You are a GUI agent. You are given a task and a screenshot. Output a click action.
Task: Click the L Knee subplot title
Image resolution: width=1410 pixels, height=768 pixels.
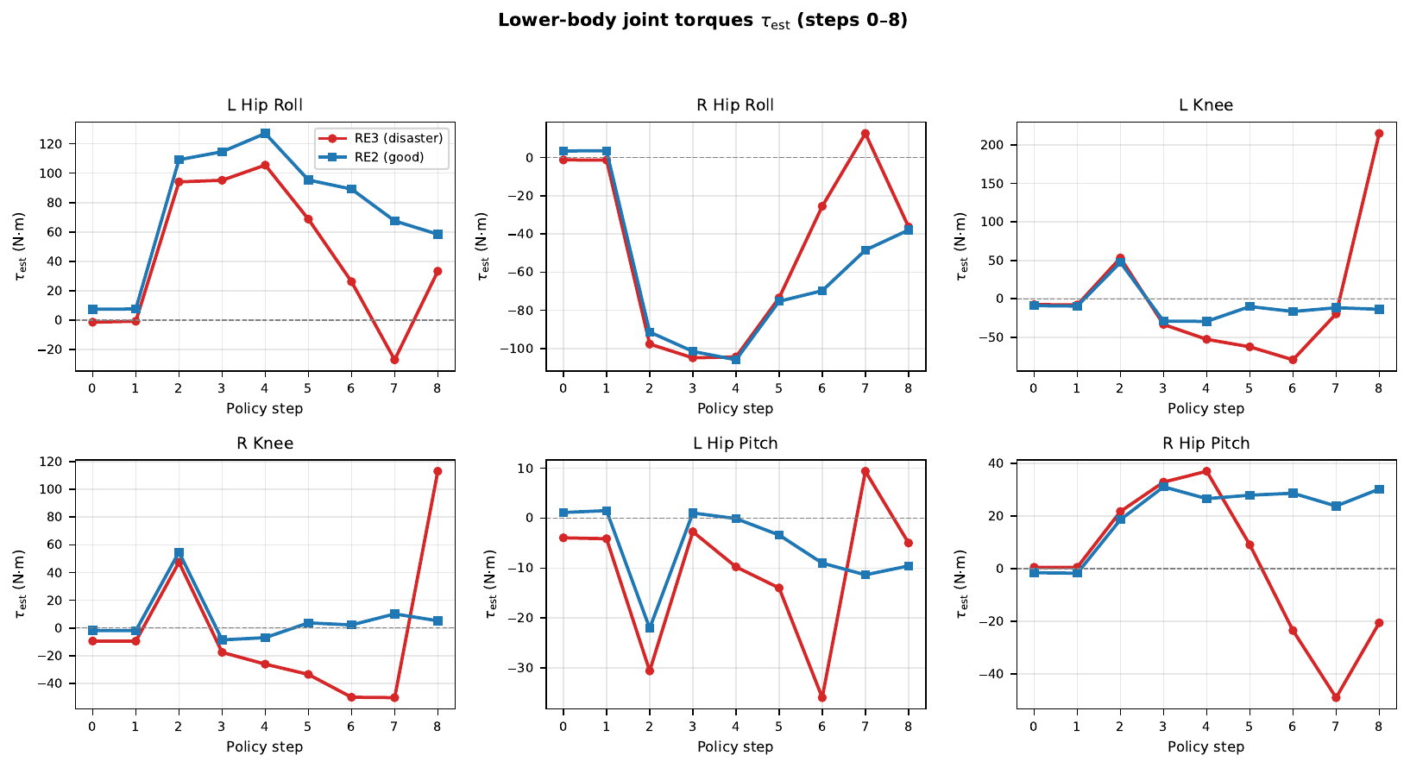pos(1205,105)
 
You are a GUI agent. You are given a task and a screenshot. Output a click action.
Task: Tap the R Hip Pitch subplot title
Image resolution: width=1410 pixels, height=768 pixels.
pos(1205,444)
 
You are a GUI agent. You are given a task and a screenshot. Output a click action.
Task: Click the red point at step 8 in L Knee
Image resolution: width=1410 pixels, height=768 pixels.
pos(1379,134)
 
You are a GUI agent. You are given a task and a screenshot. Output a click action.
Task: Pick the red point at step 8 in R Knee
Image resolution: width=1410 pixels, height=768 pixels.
pos(437,471)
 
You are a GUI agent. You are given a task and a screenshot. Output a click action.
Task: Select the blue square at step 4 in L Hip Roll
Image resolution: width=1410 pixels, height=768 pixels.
pos(265,134)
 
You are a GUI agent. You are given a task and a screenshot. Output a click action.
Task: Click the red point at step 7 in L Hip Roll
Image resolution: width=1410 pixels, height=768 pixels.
pos(394,360)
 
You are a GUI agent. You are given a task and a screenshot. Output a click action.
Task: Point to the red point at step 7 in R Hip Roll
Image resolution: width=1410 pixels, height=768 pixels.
pos(865,134)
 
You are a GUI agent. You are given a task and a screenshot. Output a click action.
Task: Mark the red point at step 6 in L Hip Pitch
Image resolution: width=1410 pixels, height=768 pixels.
pos(821,697)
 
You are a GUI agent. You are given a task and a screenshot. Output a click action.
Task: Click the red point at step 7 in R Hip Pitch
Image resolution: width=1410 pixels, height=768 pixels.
pos(1336,697)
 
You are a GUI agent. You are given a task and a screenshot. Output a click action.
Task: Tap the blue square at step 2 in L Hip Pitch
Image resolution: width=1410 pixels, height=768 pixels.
pos(650,628)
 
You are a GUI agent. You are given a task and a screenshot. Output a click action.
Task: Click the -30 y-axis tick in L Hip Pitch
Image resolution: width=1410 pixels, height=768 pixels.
pos(524,668)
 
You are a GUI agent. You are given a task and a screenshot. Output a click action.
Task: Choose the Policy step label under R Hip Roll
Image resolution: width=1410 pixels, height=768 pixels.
pos(735,408)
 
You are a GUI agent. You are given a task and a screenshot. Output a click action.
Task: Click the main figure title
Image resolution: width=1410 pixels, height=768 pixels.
pos(702,21)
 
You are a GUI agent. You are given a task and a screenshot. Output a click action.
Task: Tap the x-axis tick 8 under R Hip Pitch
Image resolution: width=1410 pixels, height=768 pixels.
pos(1379,727)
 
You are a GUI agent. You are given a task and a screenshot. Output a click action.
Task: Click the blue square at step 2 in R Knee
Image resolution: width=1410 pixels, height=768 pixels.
pos(179,553)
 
